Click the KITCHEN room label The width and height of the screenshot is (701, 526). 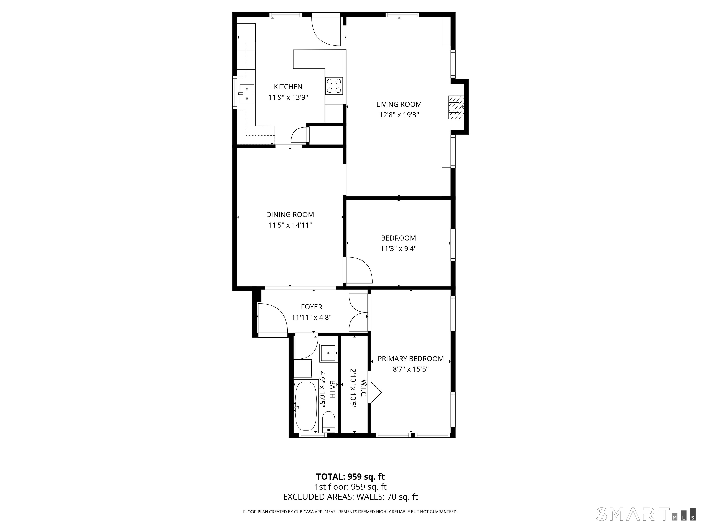[x=288, y=87]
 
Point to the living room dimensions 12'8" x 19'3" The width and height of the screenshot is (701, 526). [x=399, y=115]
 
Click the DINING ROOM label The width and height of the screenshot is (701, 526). [x=290, y=215]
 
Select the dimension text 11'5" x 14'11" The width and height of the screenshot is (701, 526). [x=290, y=225]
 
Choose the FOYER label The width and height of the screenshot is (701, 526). [x=311, y=307]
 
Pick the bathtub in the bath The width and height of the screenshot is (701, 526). [x=306, y=406]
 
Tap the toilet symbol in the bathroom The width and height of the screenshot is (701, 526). [x=329, y=422]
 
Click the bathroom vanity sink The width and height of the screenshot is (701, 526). [x=329, y=353]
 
